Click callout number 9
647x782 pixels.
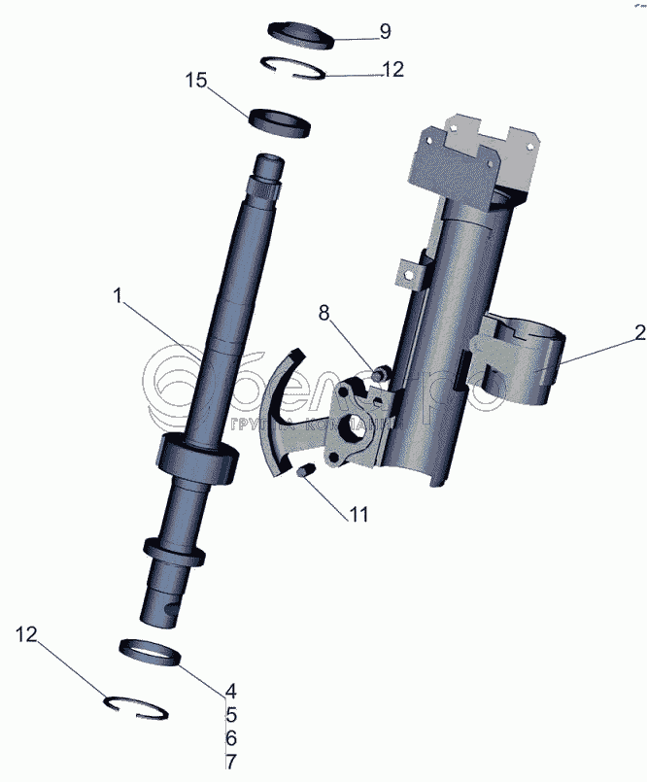[x=385, y=31]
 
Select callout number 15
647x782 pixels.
[x=196, y=81]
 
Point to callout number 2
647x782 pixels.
[x=639, y=333]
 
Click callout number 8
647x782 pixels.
[x=323, y=312]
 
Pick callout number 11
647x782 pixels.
[x=358, y=515]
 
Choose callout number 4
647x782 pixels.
[x=230, y=692]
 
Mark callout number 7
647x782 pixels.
[x=230, y=762]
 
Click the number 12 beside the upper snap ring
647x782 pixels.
[x=392, y=70]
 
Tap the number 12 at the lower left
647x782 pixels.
[x=26, y=634]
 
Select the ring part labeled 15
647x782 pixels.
[x=280, y=121]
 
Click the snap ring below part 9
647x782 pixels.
[x=296, y=69]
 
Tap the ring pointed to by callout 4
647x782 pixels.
[x=152, y=652]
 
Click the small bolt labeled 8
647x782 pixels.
[x=381, y=370]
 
